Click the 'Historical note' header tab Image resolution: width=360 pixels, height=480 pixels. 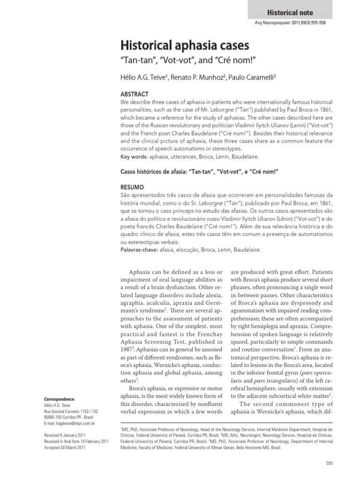click(290, 13)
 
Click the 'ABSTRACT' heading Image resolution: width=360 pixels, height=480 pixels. click(135, 94)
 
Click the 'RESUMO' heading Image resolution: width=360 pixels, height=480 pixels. click(133, 187)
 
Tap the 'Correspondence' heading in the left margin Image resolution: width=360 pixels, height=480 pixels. click(55, 399)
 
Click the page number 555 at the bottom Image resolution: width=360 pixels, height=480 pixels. click(329, 463)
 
